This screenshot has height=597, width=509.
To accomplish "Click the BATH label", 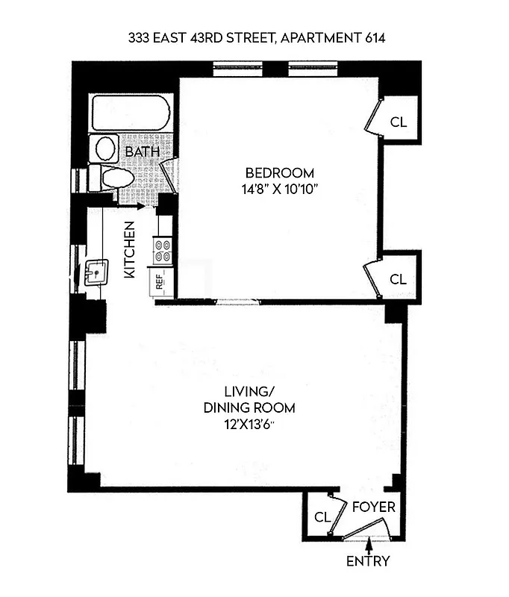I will pyautogui.click(x=142, y=152).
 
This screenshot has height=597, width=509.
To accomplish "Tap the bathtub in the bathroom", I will pyautogui.click(x=132, y=113).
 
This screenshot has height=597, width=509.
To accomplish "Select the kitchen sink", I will pyautogui.click(x=96, y=273).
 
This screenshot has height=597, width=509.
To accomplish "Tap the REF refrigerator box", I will pyautogui.click(x=159, y=281).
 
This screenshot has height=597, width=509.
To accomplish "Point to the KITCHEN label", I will pyautogui.click(x=129, y=250).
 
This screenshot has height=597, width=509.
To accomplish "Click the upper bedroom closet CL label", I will pyautogui.click(x=399, y=122).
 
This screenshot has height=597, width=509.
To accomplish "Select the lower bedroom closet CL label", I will pyautogui.click(x=399, y=279).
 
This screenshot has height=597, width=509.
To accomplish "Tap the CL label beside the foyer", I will pyautogui.click(x=322, y=516).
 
